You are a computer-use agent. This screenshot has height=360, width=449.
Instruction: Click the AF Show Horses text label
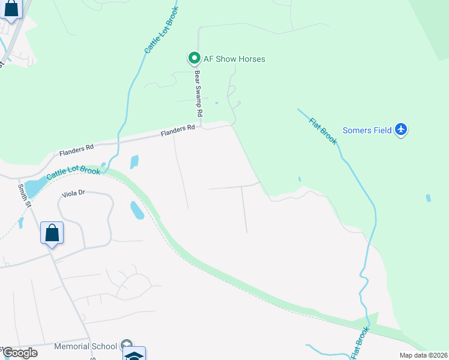234,59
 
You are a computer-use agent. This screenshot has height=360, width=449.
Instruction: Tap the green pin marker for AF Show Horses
194,59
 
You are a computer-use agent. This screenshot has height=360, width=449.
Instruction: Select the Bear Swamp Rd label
197,94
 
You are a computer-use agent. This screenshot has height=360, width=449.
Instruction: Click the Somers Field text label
367,130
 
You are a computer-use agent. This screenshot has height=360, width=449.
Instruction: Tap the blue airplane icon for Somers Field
402,130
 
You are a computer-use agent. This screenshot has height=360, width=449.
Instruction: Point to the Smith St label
23,196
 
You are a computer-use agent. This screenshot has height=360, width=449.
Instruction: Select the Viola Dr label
74,194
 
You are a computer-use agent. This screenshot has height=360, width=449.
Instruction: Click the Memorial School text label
85,346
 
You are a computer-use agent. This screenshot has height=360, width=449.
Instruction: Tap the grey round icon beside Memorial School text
126,345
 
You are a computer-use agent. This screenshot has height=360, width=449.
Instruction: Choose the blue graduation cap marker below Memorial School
134,355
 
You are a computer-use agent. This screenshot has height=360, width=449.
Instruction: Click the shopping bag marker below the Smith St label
52,233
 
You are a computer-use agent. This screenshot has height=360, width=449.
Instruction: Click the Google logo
19,353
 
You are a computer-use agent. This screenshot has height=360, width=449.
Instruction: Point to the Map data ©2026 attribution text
423,355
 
